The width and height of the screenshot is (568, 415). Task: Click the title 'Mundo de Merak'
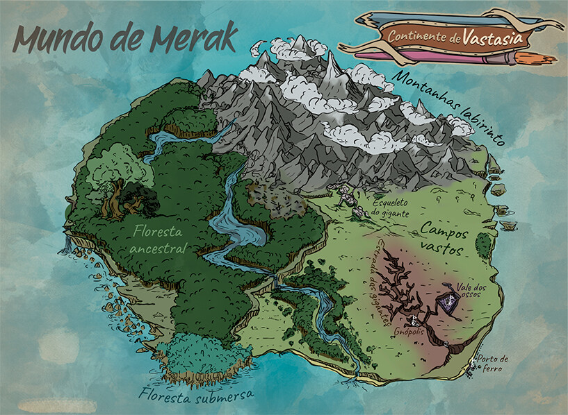coord(125,38)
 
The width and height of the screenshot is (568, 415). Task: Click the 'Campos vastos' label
coord(445,239)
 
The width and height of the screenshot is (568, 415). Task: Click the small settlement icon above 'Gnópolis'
coord(415,319)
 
